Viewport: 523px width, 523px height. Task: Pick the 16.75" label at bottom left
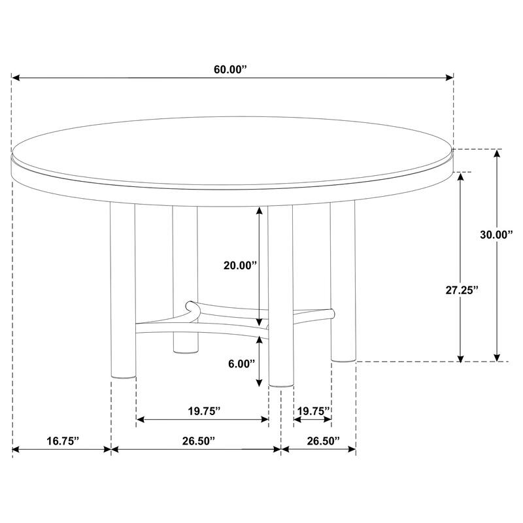[63, 441]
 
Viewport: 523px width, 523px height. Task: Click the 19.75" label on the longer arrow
[203, 411]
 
